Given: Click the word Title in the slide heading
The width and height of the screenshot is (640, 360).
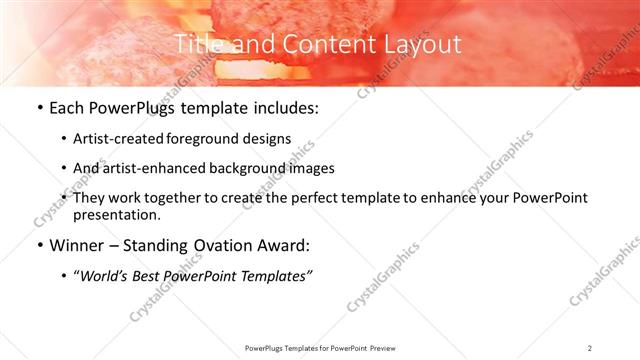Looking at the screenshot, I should pos(196,44).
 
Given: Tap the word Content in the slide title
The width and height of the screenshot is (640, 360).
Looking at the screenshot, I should pos(317,44).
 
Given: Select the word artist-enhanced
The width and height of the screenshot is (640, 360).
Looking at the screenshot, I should pos(155,168).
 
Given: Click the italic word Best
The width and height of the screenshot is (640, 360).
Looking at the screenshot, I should pos(160,277).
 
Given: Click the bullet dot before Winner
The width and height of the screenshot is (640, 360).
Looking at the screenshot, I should pos(38,247).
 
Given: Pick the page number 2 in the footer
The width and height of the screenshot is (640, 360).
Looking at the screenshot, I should pos(590,348).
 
